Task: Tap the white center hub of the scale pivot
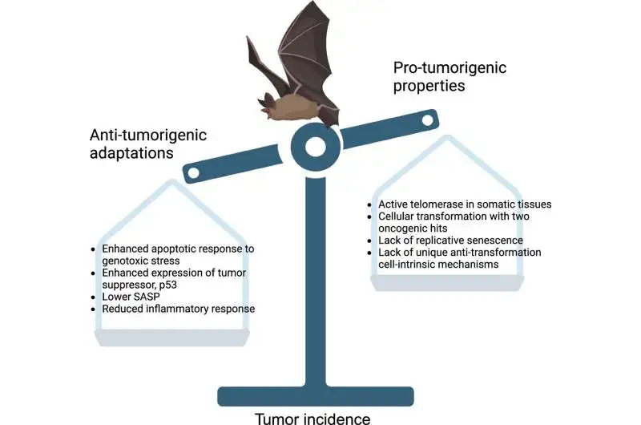click(x=314, y=146)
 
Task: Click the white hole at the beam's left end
click(x=192, y=171)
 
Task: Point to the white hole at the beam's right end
click(x=427, y=121)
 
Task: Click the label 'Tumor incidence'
click(x=313, y=417)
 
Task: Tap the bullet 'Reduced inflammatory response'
click(x=174, y=309)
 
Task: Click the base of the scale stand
click(x=315, y=395)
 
